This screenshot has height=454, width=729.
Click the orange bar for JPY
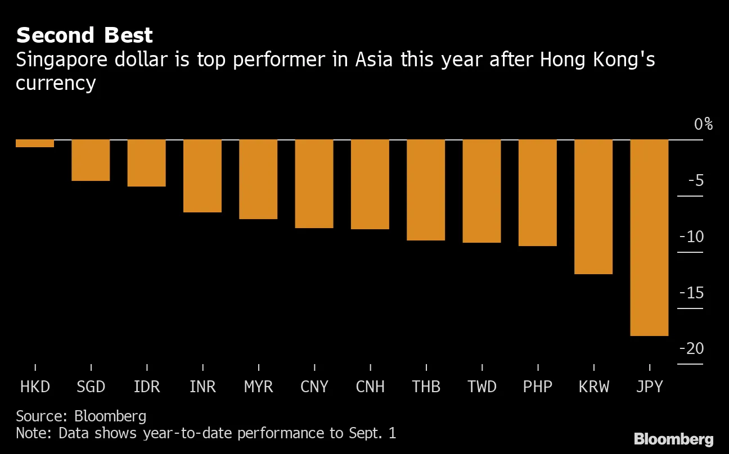(649, 237)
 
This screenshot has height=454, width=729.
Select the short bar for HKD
(35, 143)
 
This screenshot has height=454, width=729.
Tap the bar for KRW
(593, 206)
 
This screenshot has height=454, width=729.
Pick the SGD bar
(91, 160)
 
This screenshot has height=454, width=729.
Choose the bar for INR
(202, 176)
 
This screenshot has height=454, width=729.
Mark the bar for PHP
(538, 192)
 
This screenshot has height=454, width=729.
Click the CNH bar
(370, 184)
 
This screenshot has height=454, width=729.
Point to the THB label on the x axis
(426, 387)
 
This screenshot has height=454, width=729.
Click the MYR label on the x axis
(258, 387)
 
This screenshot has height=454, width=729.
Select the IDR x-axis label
(146, 387)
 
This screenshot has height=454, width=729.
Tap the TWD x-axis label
(482, 387)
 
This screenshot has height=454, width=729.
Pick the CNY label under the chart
(314, 387)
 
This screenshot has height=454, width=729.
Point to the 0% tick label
(703, 124)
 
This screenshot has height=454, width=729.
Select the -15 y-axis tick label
(691, 293)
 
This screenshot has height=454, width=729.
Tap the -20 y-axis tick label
(691, 349)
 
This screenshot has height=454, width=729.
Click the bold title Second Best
(84, 35)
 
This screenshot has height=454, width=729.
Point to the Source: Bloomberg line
(81, 416)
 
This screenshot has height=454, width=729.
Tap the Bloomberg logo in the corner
(673, 439)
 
